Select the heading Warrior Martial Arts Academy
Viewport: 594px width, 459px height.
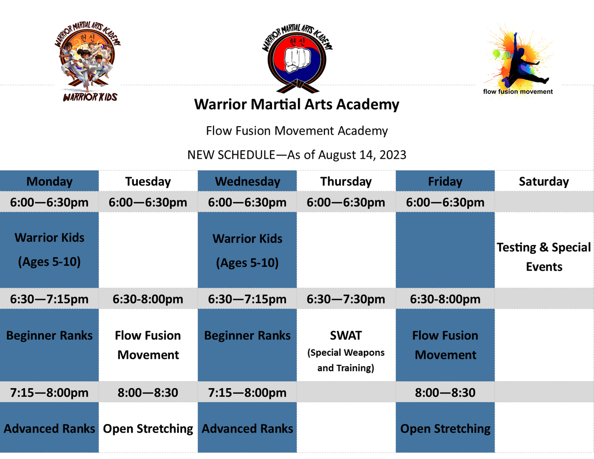tap(297, 104)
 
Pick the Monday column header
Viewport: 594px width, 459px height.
tap(49, 182)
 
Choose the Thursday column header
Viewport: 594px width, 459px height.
tap(346, 182)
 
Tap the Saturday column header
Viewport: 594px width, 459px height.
tap(544, 182)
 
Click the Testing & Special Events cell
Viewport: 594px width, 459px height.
tap(544, 257)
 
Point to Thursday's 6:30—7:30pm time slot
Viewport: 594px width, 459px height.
tap(346, 299)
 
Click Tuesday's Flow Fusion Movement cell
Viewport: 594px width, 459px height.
tap(148, 345)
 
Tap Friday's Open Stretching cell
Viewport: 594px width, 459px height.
tap(445, 429)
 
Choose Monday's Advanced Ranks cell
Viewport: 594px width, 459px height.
tap(49, 429)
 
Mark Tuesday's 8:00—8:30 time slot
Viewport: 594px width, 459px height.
tap(148, 393)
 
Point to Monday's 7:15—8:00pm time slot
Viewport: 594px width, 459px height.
tap(49, 393)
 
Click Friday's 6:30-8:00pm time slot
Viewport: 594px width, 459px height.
tap(445, 299)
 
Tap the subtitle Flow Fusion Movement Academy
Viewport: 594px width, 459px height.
tap(297, 131)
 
